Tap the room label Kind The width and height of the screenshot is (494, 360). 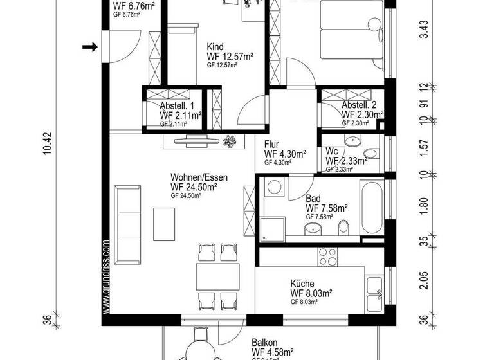click(x=215, y=47)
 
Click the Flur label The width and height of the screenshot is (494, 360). click(x=272, y=144)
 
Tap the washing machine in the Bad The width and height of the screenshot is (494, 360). click(x=273, y=188)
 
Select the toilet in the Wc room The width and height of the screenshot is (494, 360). click(x=369, y=154)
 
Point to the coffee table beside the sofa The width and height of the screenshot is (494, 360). click(x=163, y=222)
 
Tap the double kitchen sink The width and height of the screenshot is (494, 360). click(x=374, y=290)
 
